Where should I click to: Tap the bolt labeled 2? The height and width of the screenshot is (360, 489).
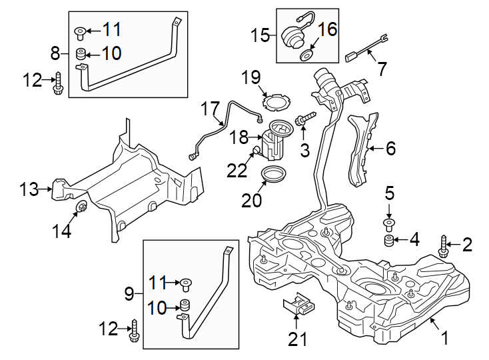click(444, 245)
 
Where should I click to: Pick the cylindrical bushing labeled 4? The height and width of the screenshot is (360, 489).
click(387, 240)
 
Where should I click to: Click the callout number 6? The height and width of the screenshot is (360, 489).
click(390, 148)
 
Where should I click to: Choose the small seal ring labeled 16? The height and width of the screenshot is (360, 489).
click(308, 53)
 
